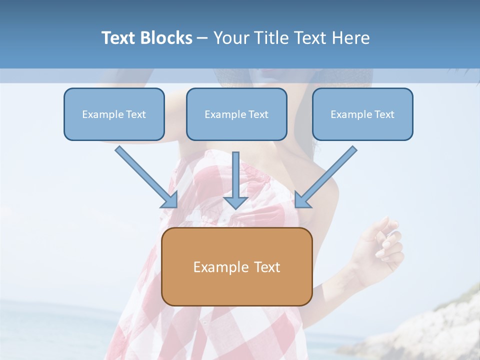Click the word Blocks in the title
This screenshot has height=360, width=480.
pyautogui.click(x=165, y=38)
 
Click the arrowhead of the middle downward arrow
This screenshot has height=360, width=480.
pyautogui.click(x=236, y=202)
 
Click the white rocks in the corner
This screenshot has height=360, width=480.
pyautogui.click(x=440, y=325)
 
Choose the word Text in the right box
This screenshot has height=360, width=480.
pyautogui.click(x=384, y=114)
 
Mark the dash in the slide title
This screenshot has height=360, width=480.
pyautogui.click(x=202, y=38)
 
